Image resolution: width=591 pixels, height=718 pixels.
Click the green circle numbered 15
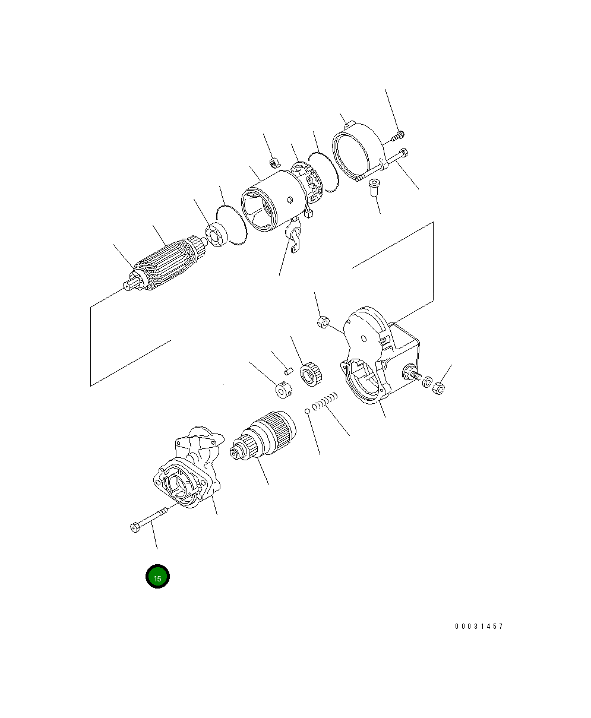157,576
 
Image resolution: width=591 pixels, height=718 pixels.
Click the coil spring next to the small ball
325,401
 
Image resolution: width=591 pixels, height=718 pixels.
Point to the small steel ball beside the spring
307,411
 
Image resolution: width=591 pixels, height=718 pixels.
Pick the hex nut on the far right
439,388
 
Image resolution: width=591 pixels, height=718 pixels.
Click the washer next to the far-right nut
427,382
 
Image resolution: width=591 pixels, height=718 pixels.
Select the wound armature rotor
166,264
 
